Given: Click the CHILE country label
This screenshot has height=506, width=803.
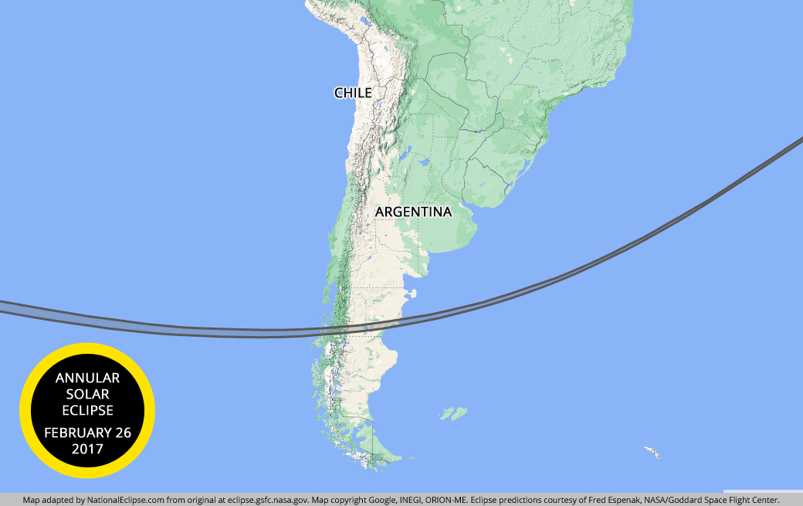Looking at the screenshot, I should (353, 93).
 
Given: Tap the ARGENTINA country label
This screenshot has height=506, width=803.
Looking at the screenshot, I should (412, 212).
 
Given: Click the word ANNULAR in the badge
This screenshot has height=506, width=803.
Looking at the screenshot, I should (87, 378).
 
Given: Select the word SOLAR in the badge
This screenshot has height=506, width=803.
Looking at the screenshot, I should (87, 394).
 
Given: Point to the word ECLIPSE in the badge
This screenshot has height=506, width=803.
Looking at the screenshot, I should (87, 410).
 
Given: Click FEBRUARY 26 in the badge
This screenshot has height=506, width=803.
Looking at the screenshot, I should (87, 432).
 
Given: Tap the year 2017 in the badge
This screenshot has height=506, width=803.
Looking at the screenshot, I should (87, 449).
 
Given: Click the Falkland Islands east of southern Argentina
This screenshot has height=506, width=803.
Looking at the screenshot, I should (454, 413).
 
